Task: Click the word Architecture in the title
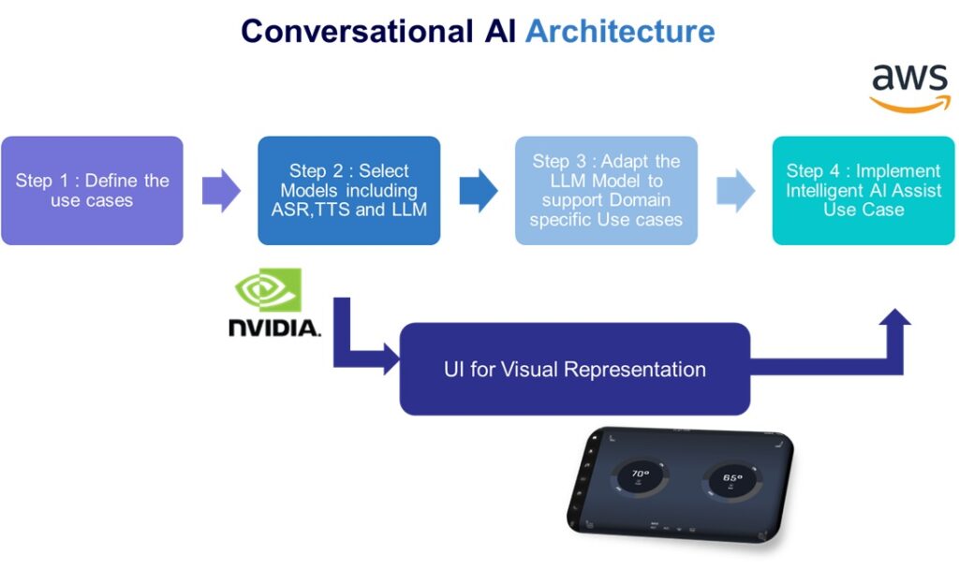pyautogui.click(x=620, y=31)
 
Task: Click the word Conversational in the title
pyautogui.click(x=357, y=31)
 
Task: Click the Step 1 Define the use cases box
pyautogui.click(x=92, y=191)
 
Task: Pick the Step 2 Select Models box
pyautogui.click(x=348, y=191)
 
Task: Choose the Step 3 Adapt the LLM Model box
pyautogui.click(x=606, y=191)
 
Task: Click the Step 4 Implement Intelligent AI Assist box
pyautogui.click(x=863, y=191)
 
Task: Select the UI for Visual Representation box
pyautogui.click(x=574, y=369)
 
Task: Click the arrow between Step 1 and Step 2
pyautogui.click(x=221, y=191)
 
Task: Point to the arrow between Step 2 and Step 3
pyautogui.click(x=478, y=191)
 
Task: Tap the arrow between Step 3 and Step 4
pyautogui.click(x=735, y=191)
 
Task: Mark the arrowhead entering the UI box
pyautogui.click(x=391, y=362)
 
